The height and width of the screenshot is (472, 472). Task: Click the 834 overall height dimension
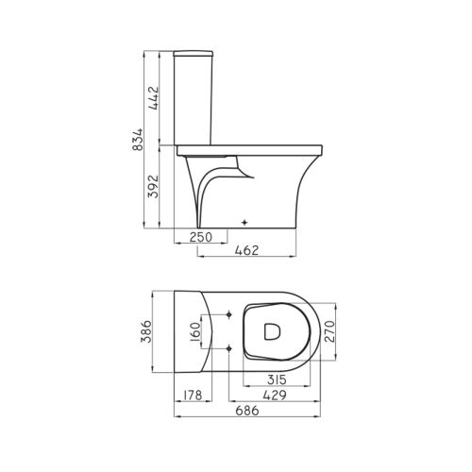point(138,140)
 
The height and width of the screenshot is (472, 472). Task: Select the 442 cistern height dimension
point(154,98)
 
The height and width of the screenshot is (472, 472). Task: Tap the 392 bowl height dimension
point(154,186)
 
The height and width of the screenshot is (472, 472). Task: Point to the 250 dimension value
point(201,237)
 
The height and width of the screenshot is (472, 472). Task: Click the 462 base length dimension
point(246,250)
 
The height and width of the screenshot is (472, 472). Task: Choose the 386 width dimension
point(146,331)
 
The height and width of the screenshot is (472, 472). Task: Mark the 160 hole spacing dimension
point(195,331)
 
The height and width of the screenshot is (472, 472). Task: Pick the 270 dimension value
point(329,331)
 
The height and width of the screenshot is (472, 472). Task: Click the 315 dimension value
point(277,379)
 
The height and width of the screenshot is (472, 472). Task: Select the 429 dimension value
point(275,396)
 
